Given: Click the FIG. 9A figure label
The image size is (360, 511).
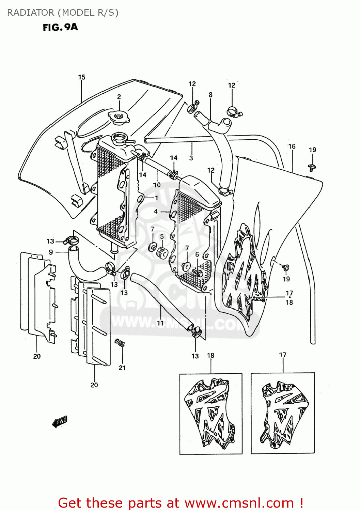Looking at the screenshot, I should (x=60, y=27).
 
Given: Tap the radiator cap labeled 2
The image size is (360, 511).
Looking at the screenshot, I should (x=119, y=117).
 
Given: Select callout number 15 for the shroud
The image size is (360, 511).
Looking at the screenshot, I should (x=82, y=77).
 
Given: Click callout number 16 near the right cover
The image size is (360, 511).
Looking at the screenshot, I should (x=292, y=146).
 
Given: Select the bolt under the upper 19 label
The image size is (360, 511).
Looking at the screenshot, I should (x=311, y=167).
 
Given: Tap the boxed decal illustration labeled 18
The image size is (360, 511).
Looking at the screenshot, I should (x=211, y=414).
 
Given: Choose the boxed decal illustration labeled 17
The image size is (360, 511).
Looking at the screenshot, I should (x=283, y=413).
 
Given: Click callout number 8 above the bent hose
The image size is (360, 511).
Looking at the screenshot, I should (x=210, y=95).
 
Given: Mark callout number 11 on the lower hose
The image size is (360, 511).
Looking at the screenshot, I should (x=160, y=322).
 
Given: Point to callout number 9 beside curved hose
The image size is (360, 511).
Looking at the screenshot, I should (x=51, y=252).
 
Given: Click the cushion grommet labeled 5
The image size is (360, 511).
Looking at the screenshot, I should (x=162, y=253).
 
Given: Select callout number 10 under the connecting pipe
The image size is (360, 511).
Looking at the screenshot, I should (x=157, y=185).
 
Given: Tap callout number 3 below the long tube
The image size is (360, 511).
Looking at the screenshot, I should (x=191, y=158).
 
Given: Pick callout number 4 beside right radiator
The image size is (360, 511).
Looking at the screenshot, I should (x=156, y=212).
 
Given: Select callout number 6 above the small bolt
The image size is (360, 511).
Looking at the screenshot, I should (x=197, y=254).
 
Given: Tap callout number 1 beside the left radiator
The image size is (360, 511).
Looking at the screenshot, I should (x=156, y=198).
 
